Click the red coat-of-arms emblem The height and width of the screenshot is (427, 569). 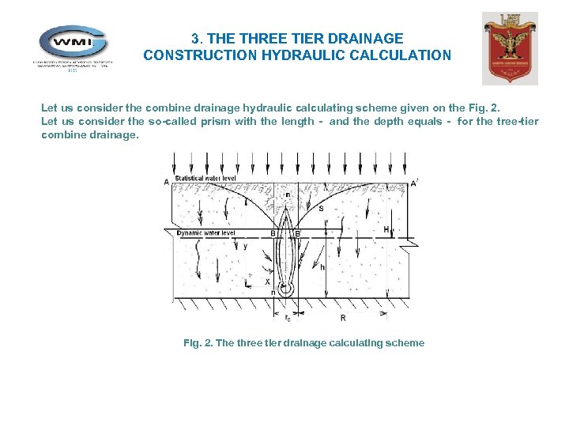tap(510, 48)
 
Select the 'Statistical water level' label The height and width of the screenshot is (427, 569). tap(205, 179)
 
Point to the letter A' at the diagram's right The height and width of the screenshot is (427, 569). tap(414, 183)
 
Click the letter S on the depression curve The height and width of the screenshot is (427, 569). tap(321, 208)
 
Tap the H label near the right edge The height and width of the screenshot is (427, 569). tap(386, 230)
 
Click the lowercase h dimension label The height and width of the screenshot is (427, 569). tap(322, 266)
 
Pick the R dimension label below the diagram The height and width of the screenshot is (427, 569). tap(342, 318)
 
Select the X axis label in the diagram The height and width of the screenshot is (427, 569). tap(267, 282)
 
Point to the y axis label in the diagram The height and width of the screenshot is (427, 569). tap(244, 246)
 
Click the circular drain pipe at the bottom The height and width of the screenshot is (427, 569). tap(285, 290)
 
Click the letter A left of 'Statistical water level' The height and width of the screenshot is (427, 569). tap(167, 182)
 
